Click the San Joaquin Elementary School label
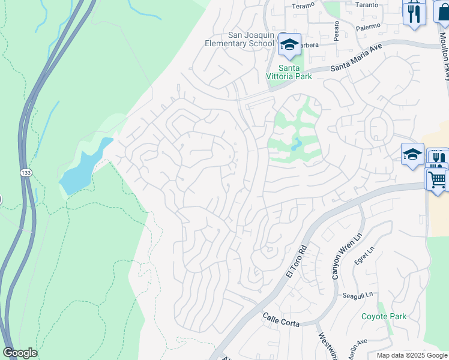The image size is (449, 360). (x=239, y=40)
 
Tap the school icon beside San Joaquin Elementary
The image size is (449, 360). (x=289, y=45)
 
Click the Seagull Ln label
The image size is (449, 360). (x=358, y=295)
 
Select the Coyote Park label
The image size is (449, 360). (x=384, y=316)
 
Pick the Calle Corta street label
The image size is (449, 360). (x=280, y=316)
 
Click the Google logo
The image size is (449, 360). (x=20, y=353)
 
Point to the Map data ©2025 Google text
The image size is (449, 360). (x=412, y=355)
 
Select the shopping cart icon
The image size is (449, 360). (x=436, y=178)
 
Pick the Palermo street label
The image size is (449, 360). (x=367, y=26)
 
